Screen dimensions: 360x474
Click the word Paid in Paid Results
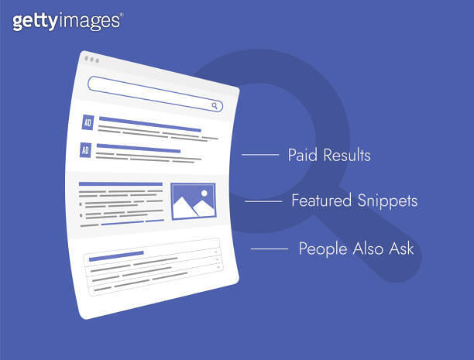point(301,156)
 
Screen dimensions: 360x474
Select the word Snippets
point(387,201)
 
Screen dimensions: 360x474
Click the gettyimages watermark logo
point(67,21)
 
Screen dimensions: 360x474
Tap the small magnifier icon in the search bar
point(215,105)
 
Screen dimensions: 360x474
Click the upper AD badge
point(86,123)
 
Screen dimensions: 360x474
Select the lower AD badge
point(86,149)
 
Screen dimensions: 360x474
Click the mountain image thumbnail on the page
point(193,201)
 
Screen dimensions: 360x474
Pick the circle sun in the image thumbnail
point(204,192)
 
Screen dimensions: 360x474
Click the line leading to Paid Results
point(259,156)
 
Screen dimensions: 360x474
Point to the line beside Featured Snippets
point(263,201)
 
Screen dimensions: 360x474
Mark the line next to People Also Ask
point(270,249)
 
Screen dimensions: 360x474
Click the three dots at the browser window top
point(92,60)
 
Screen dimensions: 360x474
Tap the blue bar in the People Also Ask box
point(116,254)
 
